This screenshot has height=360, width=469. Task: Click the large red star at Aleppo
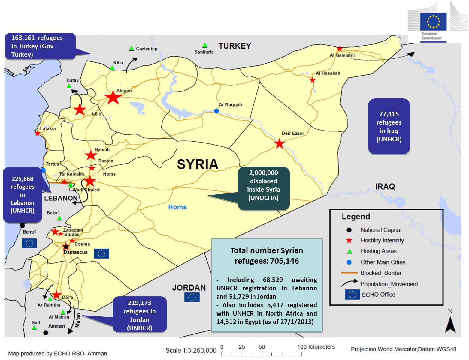[x=113, y=97]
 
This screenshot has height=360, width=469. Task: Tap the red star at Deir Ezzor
[x=279, y=144]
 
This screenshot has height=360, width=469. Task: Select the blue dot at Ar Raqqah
[x=216, y=111]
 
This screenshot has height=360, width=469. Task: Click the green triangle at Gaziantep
[x=131, y=49]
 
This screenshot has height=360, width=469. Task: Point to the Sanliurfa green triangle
[x=205, y=45]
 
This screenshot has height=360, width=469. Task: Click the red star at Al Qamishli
[x=339, y=49]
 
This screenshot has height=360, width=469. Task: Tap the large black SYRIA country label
[x=197, y=164]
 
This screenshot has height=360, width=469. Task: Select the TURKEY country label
[x=234, y=46]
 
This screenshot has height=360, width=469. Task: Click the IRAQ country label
[x=385, y=187]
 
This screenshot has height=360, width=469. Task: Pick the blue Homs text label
[x=177, y=207]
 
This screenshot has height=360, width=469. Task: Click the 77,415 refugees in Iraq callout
[x=389, y=126]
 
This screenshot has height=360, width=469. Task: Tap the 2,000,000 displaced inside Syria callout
[x=263, y=185]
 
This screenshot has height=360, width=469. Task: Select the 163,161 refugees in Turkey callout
[x=40, y=46]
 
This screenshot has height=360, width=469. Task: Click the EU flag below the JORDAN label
[x=192, y=297]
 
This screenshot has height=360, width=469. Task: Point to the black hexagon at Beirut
[x=23, y=225]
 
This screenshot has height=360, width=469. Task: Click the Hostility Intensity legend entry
[x=382, y=240]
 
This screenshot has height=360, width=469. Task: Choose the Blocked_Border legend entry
[x=381, y=273]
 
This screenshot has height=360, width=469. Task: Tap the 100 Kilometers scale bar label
[x=316, y=347]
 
